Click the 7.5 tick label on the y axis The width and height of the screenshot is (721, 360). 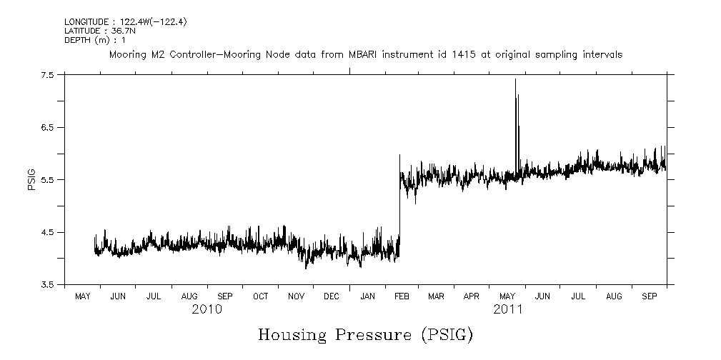pyautogui.click(x=48, y=74)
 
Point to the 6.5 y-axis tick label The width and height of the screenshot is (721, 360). pyautogui.click(x=48, y=127)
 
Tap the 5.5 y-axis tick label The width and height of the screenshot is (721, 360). pyautogui.click(x=48, y=179)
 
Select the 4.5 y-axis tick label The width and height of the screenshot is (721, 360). pyautogui.click(x=48, y=232)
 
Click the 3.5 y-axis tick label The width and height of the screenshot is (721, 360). pyautogui.click(x=48, y=284)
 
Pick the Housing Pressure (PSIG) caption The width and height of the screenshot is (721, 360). pyautogui.click(x=365, y=334)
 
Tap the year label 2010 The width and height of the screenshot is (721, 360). pyautogui.click(x=207, y=309)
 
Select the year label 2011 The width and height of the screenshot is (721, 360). pyautogui.click(x=507, y=309)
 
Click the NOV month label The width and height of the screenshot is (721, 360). pyautogui.click(x=296, y=296)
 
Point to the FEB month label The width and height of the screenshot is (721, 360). pyautogui.click(x=402, y=296)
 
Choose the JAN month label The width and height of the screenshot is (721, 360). pyautogui.click(x=367, y=296)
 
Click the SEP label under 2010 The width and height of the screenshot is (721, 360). pyautogui.click(x=225, y=296)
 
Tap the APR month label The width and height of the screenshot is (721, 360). pyautogui.click(x=472, y=296)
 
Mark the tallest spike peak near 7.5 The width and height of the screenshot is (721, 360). pyautogui.click(x=515, y=79)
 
